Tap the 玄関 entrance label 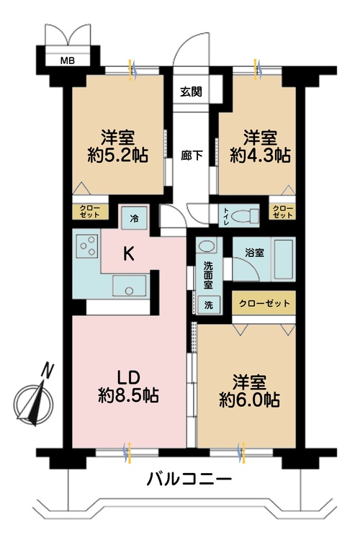(x=191, y=91)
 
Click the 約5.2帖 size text (x=120, y=155)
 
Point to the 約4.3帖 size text (x=261, y=155)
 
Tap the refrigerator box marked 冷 (x=134, y=215)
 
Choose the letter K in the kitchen (x=127, y=253)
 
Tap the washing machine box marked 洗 (x=209, y=304)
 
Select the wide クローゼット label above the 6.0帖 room (x=264, y=304)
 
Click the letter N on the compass (x=48, y=370)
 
